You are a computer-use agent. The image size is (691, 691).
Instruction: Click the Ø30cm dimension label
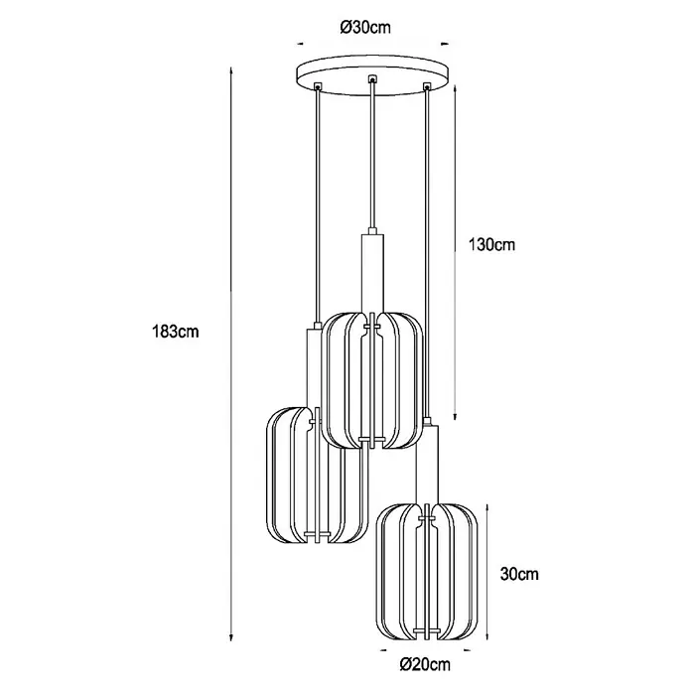pos(365,28)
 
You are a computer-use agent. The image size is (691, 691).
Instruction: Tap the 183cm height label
pos(176,331)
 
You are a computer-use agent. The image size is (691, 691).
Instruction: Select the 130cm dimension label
pos(491,244)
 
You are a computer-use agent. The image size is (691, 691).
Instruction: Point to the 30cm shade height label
pos(519,574)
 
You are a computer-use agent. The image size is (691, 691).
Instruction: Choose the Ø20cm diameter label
pos(425,664)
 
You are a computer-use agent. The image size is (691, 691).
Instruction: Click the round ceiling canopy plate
pos(373,74)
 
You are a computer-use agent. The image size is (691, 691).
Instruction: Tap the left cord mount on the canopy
pos(318,85)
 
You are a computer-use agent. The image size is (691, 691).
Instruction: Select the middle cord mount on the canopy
pos(373,78)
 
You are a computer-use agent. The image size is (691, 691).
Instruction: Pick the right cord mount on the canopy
pos(426,86)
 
